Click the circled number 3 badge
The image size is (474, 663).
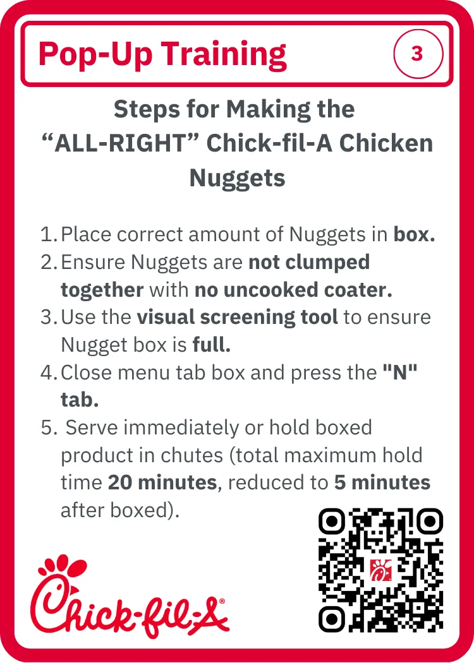[418, 54]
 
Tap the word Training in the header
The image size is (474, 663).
[224, 55]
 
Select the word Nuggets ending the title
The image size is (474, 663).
[237, 178]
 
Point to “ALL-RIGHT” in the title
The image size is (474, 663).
[120, 143]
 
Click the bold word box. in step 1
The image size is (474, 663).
[415, 234]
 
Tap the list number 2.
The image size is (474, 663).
[49, 262]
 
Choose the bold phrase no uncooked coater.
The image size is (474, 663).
[293, 290]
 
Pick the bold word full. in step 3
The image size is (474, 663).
[212, 345]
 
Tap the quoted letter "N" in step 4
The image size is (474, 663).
[400, 372]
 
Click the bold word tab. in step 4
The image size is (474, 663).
[80, 400]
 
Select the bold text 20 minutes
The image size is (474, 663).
[162, 482]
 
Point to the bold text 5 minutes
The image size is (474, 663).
[382, 482]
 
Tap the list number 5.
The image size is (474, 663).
[49, 427]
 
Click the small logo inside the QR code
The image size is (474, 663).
[381, 570]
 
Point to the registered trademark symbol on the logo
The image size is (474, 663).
[222, 600]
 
